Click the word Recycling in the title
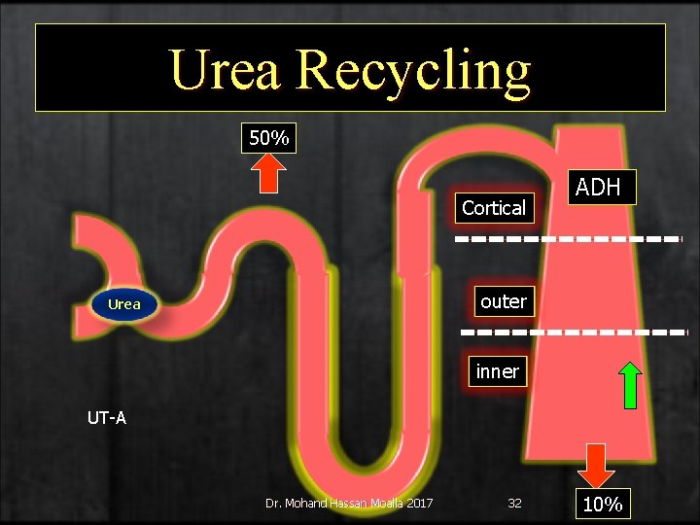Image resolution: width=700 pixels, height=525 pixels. pyautogui.click(x=415, y=70)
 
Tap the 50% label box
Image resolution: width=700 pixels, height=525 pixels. pyautogui.click(x=268, y=138)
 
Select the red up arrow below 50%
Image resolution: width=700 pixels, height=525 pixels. pyautogui.click(x=269, y=176)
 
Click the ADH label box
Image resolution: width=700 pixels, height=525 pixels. pyautogui.click(x=598, y=187)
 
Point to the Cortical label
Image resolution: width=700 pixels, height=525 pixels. pyautogui.click(x=494, y=207)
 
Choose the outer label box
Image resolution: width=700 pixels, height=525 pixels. pyautogui.click(x=503, y=301)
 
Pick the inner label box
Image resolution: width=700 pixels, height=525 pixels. pyautogui.click(x=497, y=370)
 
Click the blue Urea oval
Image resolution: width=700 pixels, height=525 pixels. pyautogui.click(x=124, y=304)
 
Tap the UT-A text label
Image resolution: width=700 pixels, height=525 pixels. pyautogui.click(x=107, y=419)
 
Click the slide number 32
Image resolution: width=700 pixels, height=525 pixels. pyautogui.click(x=514, y=503)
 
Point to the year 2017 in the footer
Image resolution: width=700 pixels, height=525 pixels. pyautogui.click(x=418, y=503)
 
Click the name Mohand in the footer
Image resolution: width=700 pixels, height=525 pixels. pyautogui.click(x=308, y=503)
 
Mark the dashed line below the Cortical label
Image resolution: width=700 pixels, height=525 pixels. pyautogui.click(x=569, y=238)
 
